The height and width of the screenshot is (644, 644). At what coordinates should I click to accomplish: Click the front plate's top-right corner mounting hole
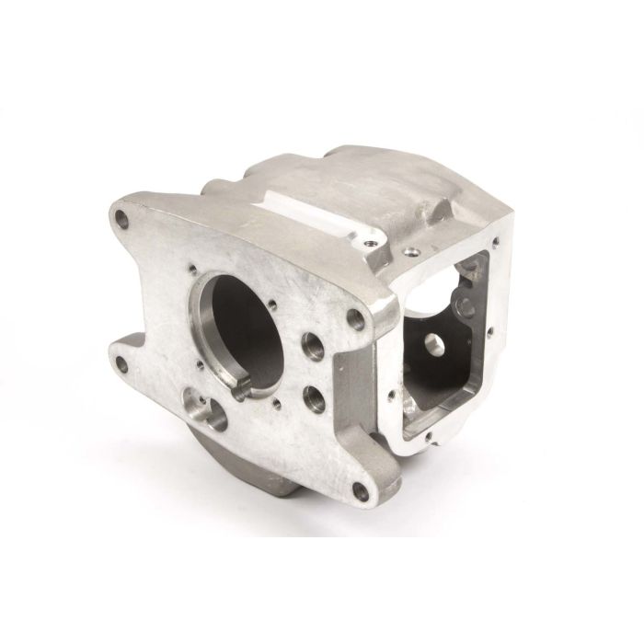tap(356, 322)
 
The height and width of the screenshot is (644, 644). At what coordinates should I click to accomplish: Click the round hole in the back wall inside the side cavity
tap(434, 346)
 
